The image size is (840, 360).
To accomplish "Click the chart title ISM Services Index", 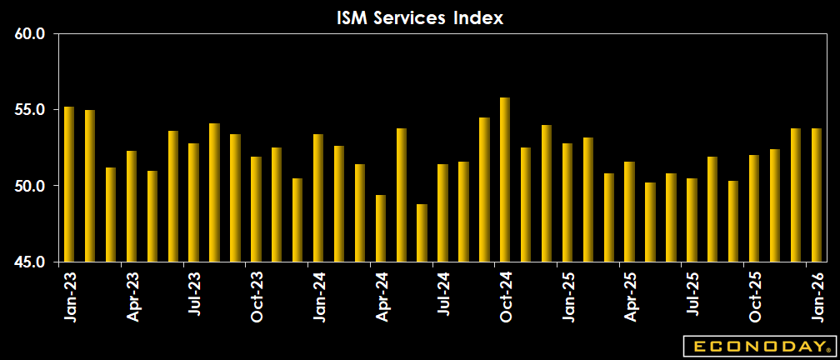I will coord(420,17).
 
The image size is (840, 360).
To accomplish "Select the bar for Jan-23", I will coord(69,184).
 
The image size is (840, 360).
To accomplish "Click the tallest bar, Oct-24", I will coord(505,179).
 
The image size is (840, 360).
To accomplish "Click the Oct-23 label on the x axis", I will coord(257,295).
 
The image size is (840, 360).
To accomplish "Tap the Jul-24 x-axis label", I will coord(443,295).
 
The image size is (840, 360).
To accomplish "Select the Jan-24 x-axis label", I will coord(319,295).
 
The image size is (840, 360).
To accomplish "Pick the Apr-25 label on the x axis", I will coord(630,295).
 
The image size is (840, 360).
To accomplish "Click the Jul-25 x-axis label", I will coord(692,295).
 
